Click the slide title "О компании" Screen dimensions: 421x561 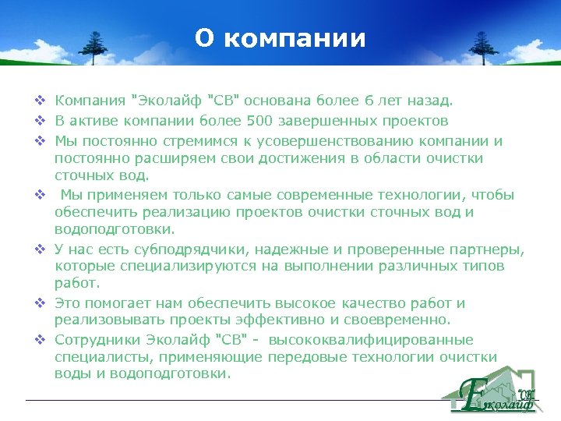tap(280, 39)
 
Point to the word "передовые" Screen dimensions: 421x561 tap(301, 357)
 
